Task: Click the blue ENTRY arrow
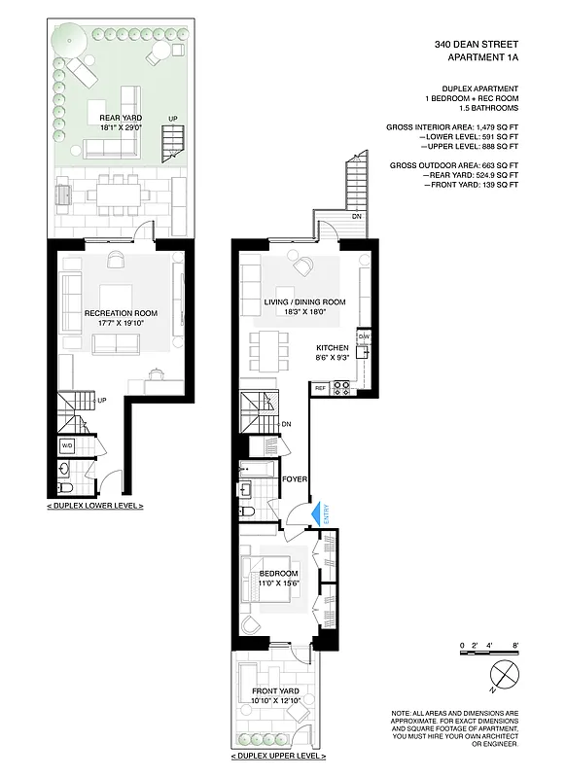[x=314, y=513]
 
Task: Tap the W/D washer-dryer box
[x=68, y=445]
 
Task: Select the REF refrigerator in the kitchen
[x=319, y=388]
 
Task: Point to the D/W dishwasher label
[x=364, y=337]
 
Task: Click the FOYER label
[x=296, y=478]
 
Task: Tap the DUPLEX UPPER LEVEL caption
[x=278, y=754]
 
